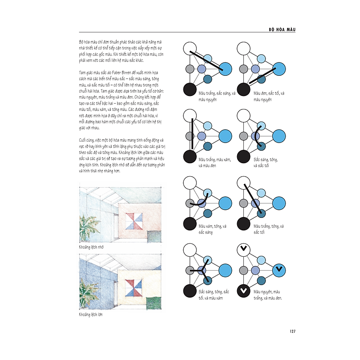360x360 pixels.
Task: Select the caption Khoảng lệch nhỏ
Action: tap(92, 246)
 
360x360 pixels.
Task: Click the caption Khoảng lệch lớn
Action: tap(91, 315)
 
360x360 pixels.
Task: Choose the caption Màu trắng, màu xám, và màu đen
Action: tap(214, 162)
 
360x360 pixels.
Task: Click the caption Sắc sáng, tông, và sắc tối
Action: tap(269, 162)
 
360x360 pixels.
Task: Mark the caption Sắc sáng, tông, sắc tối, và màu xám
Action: tap(214, 295)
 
